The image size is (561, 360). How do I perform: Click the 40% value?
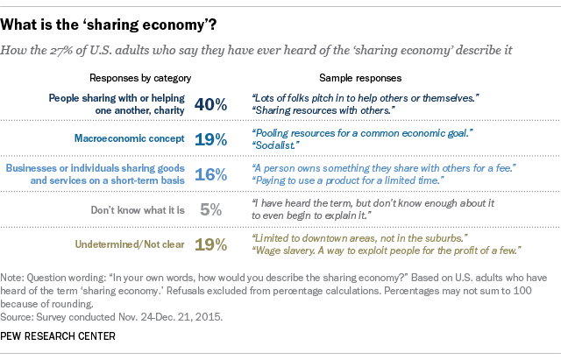pyautogui.click(x=211, y=104)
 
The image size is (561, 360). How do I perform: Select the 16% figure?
pyautogui.click(x=211, y=173)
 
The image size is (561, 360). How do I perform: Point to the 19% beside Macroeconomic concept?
pyautogui.click(x=211, y=138)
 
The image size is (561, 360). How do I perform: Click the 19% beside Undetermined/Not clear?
pyautogui.click(x=211, y=244)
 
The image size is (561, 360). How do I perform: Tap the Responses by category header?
pyautogui.click(x=140, y=77)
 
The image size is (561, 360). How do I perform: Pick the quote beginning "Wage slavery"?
pyautogui.click(x=385, y=251)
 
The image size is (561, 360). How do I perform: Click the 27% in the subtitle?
pyautogui.click(x=73, y=51)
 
